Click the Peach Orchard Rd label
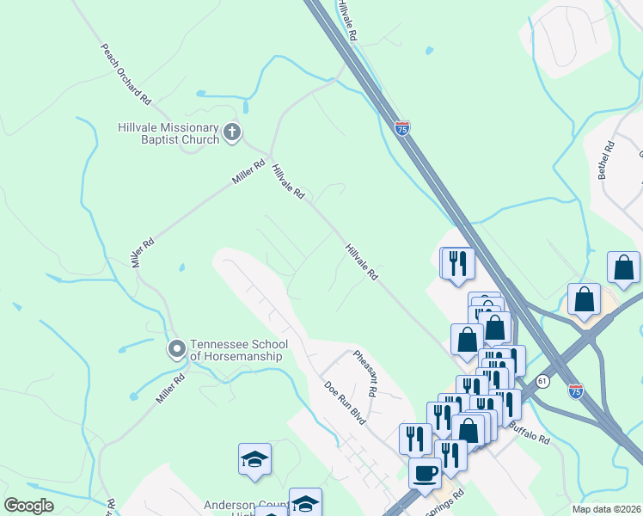coord(126,75)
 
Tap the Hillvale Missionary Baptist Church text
coord(168,133)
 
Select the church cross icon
coord(231,132)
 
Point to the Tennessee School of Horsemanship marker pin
coord(176,348)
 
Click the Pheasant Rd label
coord(365,372)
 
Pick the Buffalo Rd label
coord(528,431)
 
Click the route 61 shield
coord(541,380)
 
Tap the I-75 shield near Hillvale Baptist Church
coord(402,128)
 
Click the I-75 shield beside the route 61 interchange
coord(575,390)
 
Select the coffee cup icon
coord(425,472)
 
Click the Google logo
coord(28,506)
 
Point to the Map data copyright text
coord(606,509)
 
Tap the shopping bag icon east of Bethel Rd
coord(623,268)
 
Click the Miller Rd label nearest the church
coord(246,172)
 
